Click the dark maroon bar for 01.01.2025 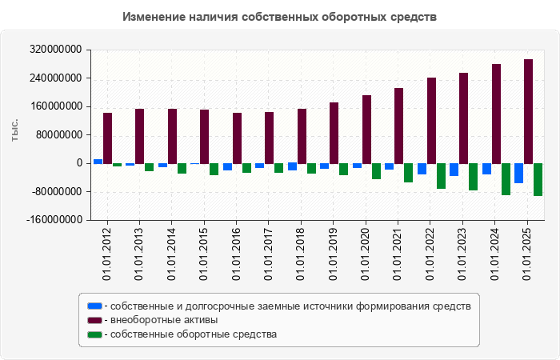point(528,111)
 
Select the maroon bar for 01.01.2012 point(107,138)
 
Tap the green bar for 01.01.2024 point(506,179)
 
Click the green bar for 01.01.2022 point(441,176)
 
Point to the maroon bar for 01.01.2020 point(366,129)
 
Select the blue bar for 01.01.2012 point(98,161)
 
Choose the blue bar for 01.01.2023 point(454,170)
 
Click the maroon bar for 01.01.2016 point(237,138)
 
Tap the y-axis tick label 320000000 point(58,50)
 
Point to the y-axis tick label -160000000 point(57,220)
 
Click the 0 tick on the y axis point(79,163)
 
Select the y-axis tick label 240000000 point(58,78)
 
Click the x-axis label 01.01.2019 point(334,254)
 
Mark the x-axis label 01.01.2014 point(172,254)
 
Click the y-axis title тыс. point(15,130)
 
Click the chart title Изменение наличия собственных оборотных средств point(280,17)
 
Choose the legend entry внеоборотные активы point(163,320)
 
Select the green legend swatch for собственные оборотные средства point(94,334)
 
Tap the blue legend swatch point(94,306)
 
